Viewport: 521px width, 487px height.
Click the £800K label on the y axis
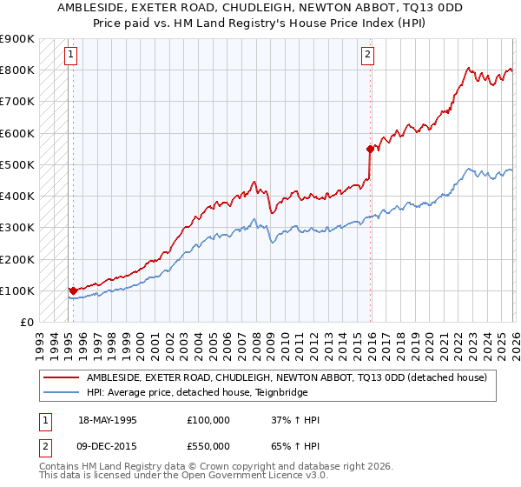point(17,70)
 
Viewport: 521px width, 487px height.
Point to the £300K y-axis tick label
point(17,228)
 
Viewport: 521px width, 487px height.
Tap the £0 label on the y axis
point(26,323)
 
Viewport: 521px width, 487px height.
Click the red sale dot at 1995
point(73,290)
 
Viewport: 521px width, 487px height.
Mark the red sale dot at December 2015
point(371,149)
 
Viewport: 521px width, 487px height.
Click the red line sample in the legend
point(61,377)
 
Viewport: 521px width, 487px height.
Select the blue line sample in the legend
point(61,392)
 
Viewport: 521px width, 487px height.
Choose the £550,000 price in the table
point(208,445)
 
